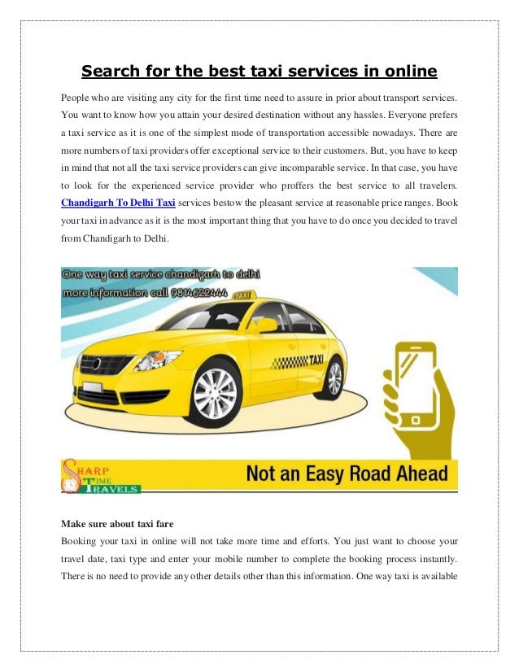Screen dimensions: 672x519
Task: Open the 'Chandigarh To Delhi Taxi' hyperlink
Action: point(118,202)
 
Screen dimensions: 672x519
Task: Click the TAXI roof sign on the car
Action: point(241,296)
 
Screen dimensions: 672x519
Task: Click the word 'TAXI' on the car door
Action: point(316,359)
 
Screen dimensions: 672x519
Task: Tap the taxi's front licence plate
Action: point(93,386)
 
